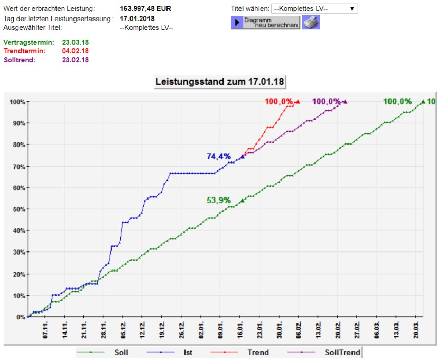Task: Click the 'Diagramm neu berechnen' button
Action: [x=265, y=23]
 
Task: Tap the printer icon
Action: [x=310, y=23]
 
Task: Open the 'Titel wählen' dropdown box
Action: [x=314, y=9]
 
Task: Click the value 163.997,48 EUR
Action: [x=145, y=9]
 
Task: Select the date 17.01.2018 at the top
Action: [x=137, y=19]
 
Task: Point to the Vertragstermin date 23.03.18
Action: [x=76, y=42]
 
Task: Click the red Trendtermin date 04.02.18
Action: [x=76, y=51]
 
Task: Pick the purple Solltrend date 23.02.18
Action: [x=76, y=60]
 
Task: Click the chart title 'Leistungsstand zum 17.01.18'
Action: [x=219, y=82]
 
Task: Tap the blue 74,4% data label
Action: [x=218, y=156]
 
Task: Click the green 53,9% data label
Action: [x=218, y=201]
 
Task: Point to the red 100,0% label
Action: [x=279, y=101]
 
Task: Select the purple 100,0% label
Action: [x=326, y=101]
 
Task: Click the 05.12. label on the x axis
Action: [x=123, y=330]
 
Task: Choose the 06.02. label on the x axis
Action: [x=298, y=330]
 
